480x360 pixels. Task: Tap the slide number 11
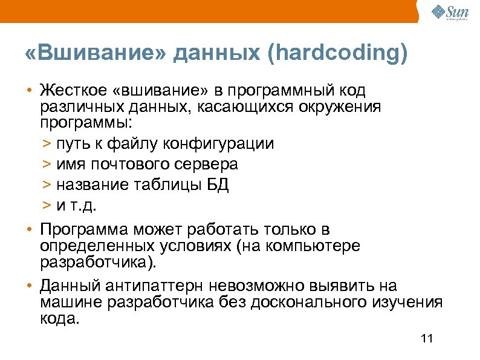tap(427, 339)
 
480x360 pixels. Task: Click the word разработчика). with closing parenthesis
tap(99, 263)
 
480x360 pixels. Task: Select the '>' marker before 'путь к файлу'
tap(47, 145)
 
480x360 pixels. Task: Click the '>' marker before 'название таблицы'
tap(47, 185)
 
